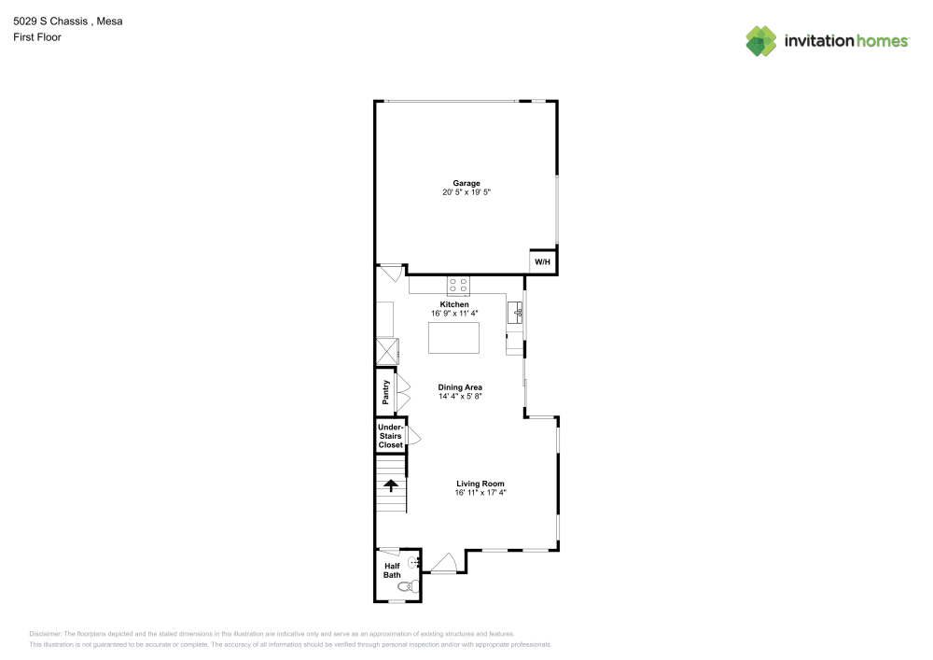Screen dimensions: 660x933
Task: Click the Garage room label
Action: (466, 183)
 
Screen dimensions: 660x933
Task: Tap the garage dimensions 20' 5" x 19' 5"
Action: (466, 192)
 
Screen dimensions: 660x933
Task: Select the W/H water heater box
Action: (543, 262)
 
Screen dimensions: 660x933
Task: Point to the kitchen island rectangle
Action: (453, 337)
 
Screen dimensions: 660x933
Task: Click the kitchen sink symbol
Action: (514, 313)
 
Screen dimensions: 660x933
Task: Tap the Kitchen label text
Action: (454, 304)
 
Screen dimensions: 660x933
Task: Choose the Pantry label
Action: (384, 392)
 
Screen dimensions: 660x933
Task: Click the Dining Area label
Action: (460, 386)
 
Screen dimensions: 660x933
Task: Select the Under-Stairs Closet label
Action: (390, 436)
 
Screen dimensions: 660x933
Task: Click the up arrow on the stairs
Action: (391, 484)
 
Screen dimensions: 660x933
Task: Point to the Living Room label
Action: (480, 484)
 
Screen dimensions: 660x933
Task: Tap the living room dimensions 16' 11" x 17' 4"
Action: (480, 492)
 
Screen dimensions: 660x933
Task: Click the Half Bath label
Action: (392, 569)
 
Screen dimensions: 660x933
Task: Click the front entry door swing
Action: (442, 563)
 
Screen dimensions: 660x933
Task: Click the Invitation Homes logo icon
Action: (761, 40)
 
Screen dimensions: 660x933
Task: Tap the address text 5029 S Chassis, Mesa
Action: (67, 21)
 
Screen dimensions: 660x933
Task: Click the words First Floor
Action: (37, 37)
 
